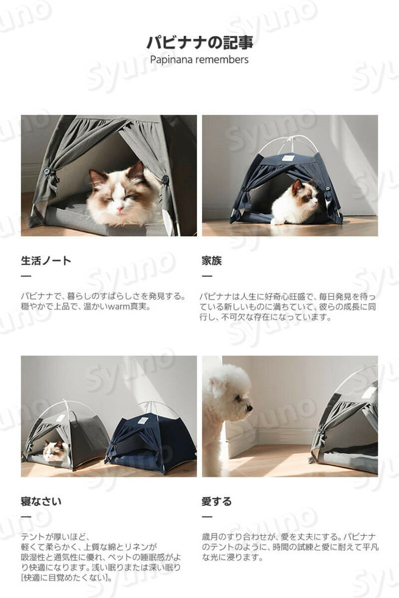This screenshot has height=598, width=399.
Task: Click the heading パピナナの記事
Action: pos(199,42)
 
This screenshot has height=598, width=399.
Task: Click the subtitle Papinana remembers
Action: pos(199,59)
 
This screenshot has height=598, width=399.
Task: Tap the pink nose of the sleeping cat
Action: pos(121,208)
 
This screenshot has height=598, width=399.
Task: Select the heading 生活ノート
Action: pos(46,261)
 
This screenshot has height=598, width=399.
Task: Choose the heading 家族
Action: pos(211,261)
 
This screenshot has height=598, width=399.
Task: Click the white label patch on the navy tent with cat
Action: pos(288,158)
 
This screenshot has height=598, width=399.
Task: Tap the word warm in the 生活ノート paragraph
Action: pos(119,306)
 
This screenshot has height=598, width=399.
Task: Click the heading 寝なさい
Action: pos(41,501)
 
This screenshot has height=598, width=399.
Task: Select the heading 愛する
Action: pos(217,501)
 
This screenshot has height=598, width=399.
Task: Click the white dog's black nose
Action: pos(250,408)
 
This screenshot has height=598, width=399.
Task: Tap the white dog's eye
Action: pos(237,399)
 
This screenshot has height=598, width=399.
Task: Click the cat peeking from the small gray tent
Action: pos(55,450)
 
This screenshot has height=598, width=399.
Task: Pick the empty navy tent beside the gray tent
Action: pos(150,438)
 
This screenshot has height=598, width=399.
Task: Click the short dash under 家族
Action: pos(207,276)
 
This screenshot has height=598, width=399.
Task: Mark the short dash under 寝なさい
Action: pos(26,517)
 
